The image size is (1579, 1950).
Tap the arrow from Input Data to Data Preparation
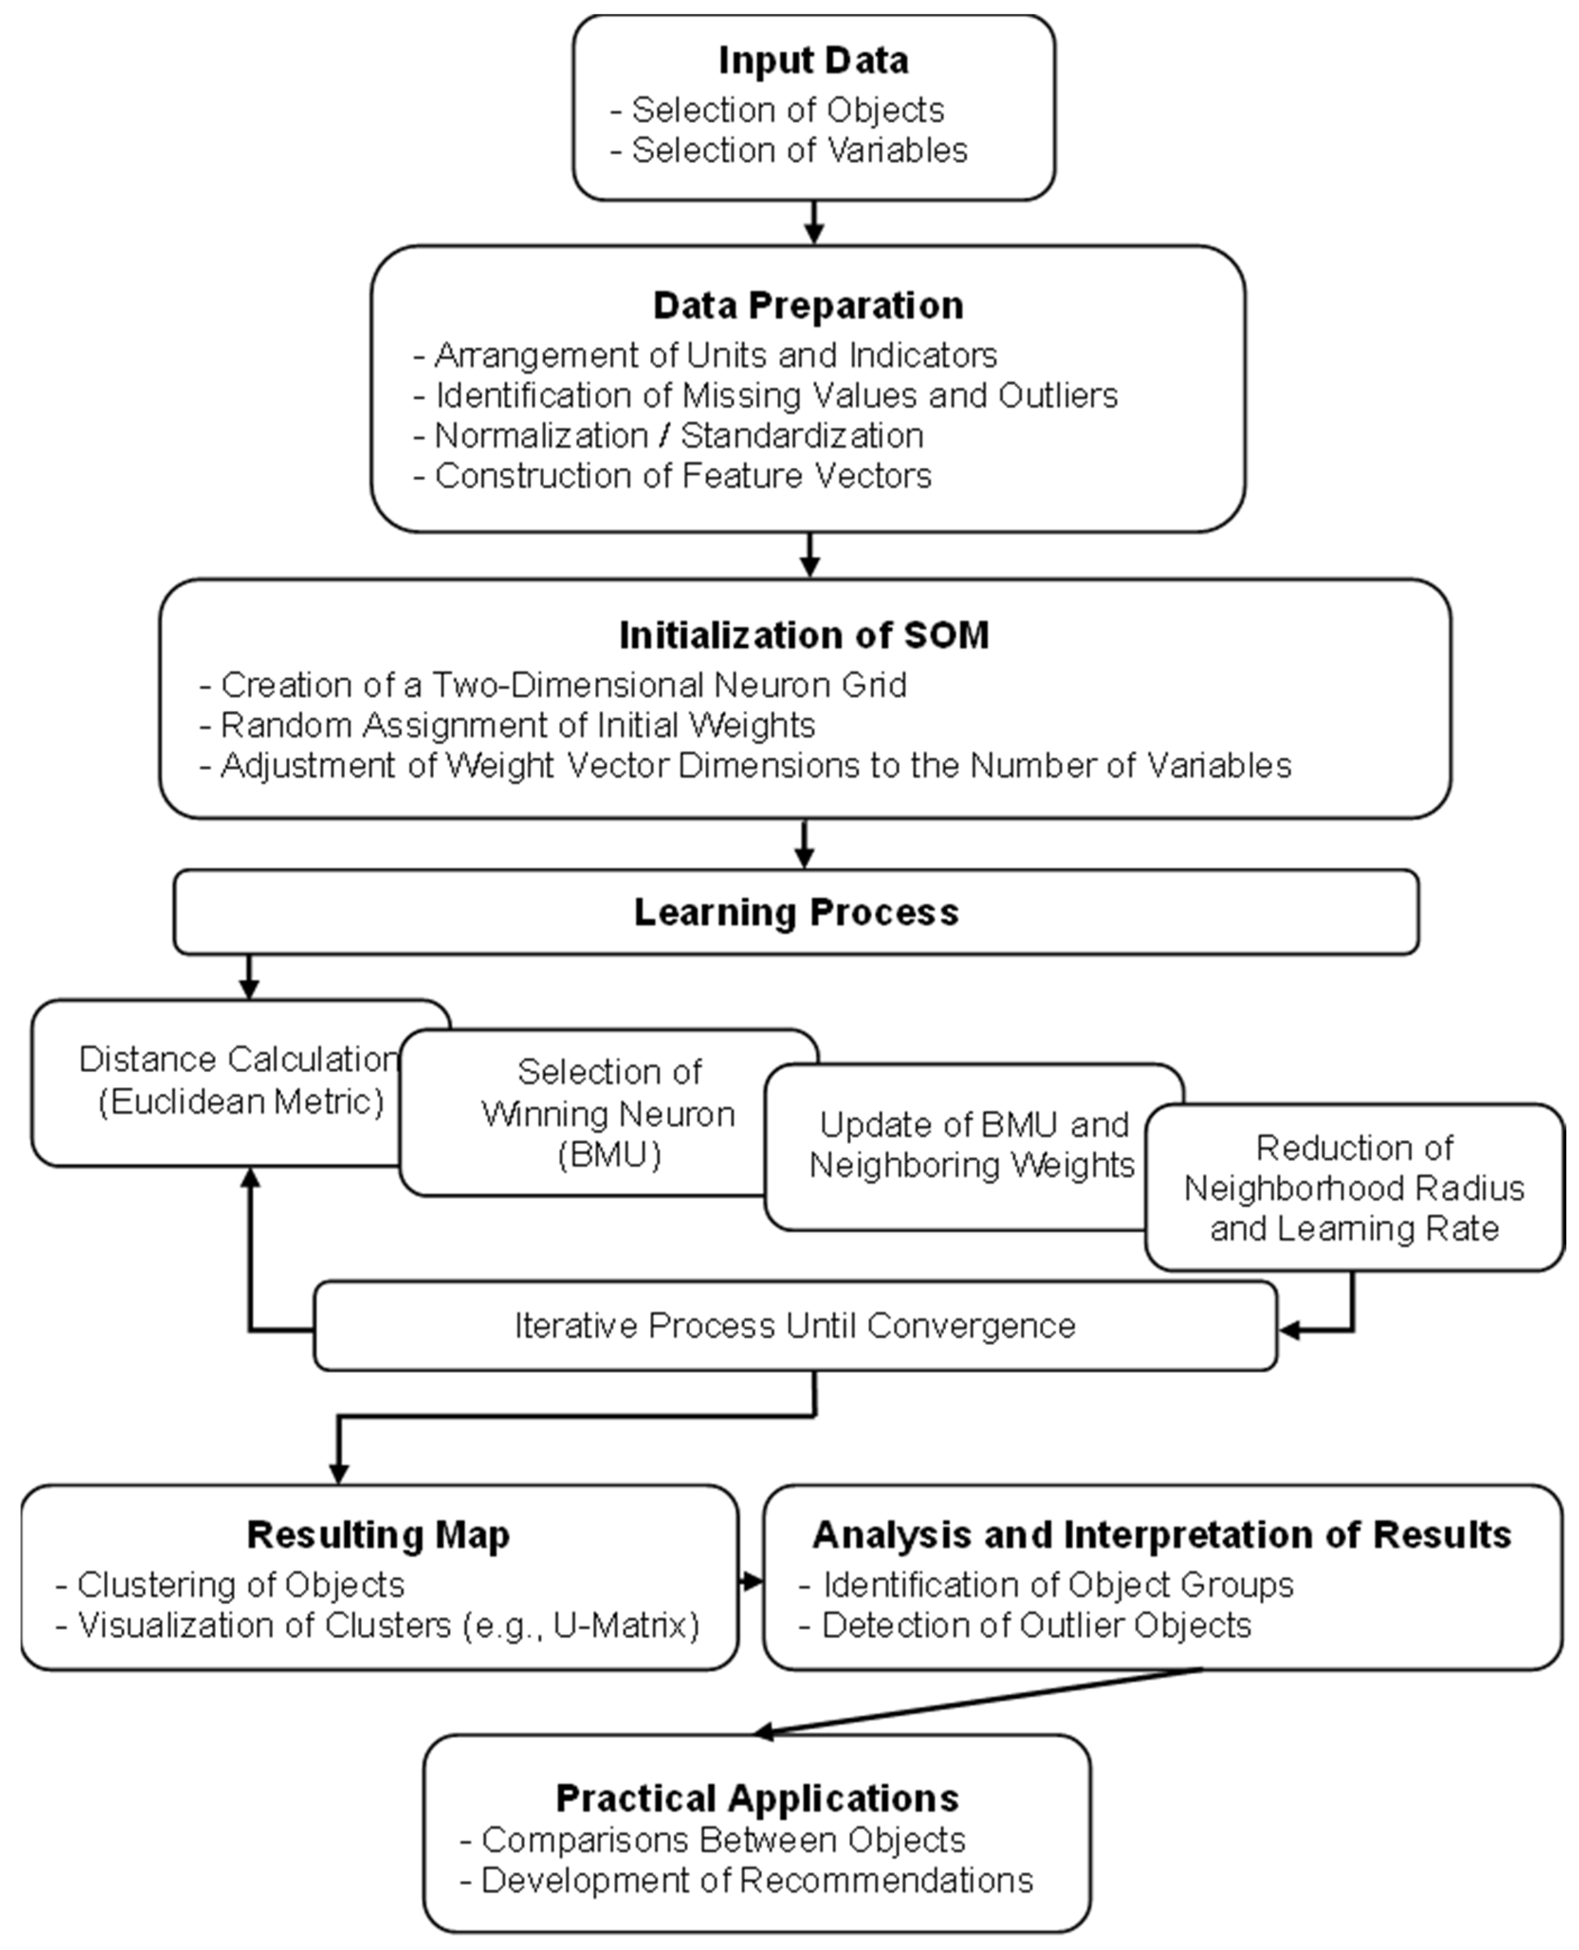(x=814, y=223)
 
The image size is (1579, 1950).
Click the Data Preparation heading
(x=808, y=305)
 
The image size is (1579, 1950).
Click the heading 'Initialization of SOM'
(x=804, y=635)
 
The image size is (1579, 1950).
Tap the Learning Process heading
(x=796, y=912)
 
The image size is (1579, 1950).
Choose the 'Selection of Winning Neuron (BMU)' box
(x=608, y=1113)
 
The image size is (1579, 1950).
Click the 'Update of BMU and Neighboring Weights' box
(x=971, y=1145)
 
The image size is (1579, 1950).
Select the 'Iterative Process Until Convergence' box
(x=795, y=1326)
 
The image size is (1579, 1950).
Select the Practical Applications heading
(x=757, y=1799)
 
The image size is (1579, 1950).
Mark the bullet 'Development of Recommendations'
(x=757, y=1880)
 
